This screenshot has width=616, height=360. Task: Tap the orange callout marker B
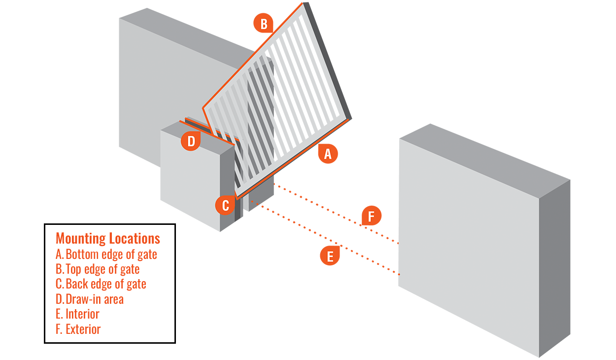(x=264, y=23)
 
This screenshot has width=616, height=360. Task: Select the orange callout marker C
(x=225, y=205)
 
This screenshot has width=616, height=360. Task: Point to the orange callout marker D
(x=191, y=142)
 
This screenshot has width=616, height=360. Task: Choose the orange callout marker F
(x=371, y=216)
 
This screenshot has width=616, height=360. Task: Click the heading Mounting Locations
(x=108, y=239)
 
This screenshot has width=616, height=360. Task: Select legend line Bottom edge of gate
(x=106, y=254)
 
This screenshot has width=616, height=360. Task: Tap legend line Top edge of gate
(x=98, y=269)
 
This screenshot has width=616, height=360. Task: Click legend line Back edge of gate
(x=101, y=284)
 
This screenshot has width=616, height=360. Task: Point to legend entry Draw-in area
(x=90, y=299)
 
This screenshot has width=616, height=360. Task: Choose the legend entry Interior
(x=78, y=314)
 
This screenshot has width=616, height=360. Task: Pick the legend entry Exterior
(x=78, y=329)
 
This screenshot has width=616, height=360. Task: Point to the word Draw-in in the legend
(x=81, y=299)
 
